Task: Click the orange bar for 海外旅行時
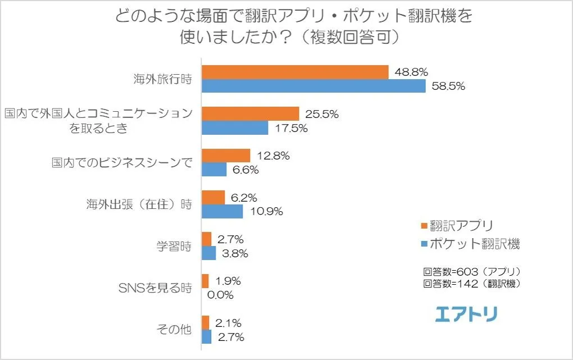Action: click(295, 72)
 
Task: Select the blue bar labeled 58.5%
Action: click(313, 86)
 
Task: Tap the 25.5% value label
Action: click(322, 114)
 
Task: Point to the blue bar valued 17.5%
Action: click(235, 128)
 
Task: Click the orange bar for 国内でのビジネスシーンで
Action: click(226, 156)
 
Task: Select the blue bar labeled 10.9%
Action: click(222, 211)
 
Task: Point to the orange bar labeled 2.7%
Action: click(206, 239)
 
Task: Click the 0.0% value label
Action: click(221, 294)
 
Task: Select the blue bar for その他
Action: click(206, 336)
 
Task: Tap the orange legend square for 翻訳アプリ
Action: click(424, 226)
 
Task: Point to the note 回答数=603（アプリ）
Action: click(472, 271)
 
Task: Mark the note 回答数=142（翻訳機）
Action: click(472, 284)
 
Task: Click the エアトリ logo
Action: click(466, 314)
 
